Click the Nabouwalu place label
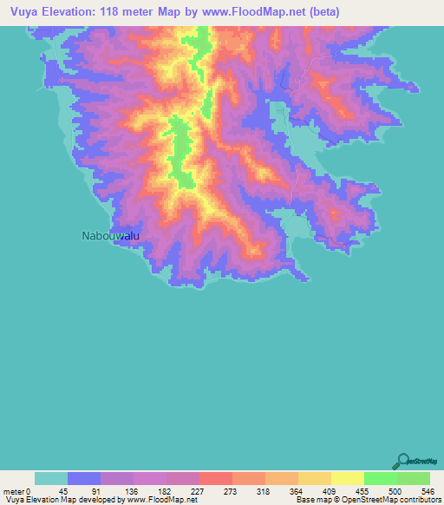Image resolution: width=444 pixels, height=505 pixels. tap(110, 235)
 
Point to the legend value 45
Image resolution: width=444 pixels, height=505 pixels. tap(62, 490)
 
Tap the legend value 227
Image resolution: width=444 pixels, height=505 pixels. tap(193, 490)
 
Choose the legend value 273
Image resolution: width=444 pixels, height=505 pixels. tap(227, 490)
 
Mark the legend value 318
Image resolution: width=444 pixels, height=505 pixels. tap(260, 490)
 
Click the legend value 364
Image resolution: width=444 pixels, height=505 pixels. tap(293, 490)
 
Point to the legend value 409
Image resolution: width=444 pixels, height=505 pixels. tap(326, 490)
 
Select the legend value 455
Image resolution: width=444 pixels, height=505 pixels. tap(359, 490)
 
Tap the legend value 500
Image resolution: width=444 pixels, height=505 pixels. tap(392, 490)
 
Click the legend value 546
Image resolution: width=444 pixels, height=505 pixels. tap(425, 490)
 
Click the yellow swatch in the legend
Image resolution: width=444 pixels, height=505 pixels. tap(347, 478)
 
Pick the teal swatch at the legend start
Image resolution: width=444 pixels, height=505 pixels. tap(51, 478)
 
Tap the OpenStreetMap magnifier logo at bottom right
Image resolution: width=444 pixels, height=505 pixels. tap(403, 460)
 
